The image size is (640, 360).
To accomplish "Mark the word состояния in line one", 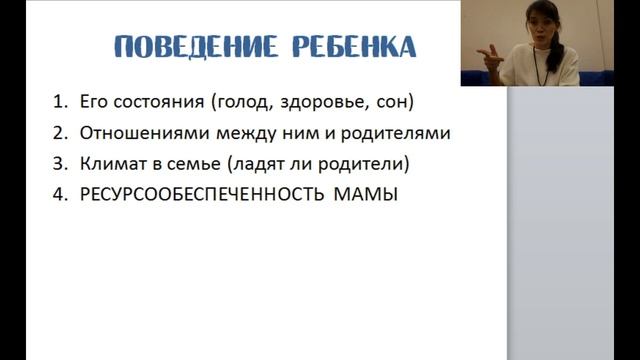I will click(148, 102).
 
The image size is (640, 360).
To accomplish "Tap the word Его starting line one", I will click(91, 102).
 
